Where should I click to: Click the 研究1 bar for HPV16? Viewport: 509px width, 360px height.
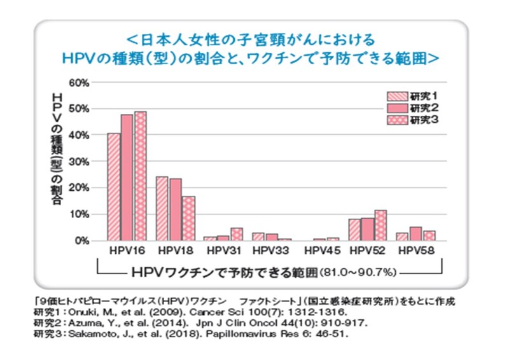click(113, 187)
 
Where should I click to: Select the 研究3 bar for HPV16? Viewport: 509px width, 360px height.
click(140, 176)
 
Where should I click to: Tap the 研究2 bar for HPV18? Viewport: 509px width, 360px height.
click(176, 209)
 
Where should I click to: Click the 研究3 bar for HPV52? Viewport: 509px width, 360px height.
click(380, 225)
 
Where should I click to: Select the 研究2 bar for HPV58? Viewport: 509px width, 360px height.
click(415, 233)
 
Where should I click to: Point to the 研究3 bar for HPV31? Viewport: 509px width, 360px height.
click(237, 234)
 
